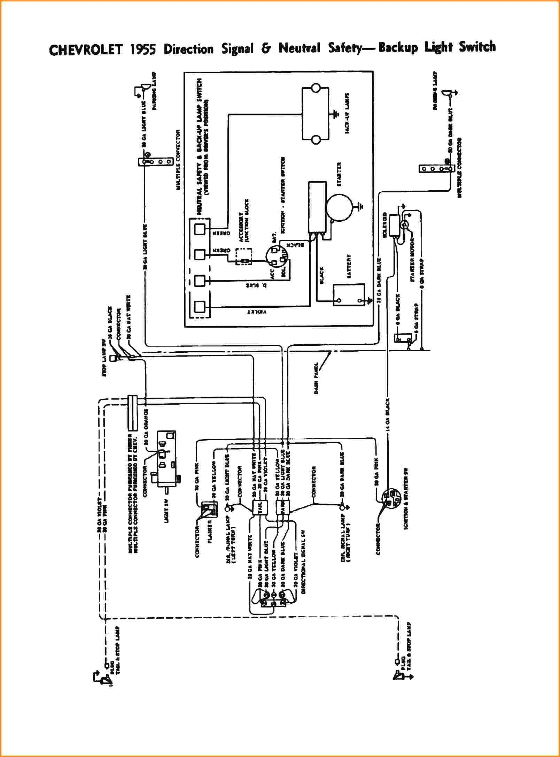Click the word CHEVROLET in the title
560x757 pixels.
(x=86, y=50)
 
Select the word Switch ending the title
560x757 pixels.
(x=477, y=47)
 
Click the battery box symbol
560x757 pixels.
(x=349, y=295)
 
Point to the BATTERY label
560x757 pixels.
(x=349, y=266)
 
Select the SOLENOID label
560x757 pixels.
(x=384, y=225)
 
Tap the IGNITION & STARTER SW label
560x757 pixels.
(x=406, y=499)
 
